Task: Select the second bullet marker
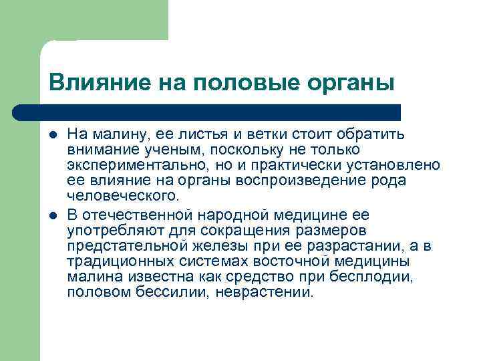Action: pyautogui.click(x=54, y=215)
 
